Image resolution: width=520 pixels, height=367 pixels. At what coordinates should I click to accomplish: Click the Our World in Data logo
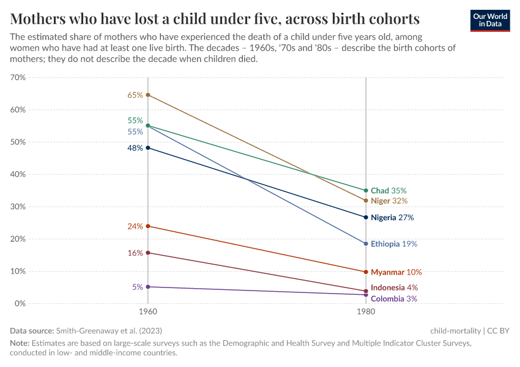[x=489, y=20]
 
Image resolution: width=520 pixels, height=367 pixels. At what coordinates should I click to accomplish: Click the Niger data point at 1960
[x=147, y=95]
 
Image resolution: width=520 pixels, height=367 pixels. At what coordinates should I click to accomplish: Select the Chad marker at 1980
[x=366, y=190]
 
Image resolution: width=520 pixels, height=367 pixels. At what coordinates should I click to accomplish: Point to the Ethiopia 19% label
[x=393, y=243]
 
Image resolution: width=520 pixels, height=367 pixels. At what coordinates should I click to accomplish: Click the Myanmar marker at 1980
[x=366, y=272]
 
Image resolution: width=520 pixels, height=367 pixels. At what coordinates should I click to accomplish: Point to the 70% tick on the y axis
[x=18, y=78]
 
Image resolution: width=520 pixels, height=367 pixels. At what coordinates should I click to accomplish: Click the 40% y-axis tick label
[x=18, y=174]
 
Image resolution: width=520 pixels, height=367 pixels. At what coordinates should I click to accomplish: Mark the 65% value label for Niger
[x=135, y=95]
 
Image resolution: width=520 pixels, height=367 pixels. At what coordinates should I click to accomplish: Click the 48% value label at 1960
[x=135, y=148]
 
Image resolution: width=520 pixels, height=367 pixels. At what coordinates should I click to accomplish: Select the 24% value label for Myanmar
[x=135, y=226]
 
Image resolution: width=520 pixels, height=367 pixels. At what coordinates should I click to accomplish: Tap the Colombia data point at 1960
[x=147, y=286]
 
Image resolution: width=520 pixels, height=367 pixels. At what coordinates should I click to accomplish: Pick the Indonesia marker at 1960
[x=147, y=253]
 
